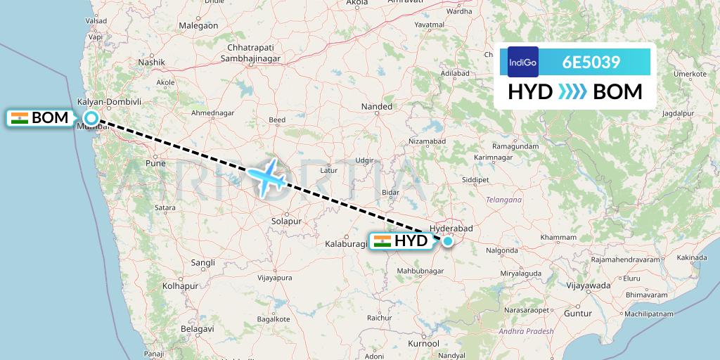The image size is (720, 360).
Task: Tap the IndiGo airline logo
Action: [x=522, y=62]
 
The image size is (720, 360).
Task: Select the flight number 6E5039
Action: [x=591, y=62]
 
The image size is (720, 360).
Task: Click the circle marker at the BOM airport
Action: [x=91, y=118]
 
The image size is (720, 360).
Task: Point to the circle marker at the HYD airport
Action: [x=448, y=241]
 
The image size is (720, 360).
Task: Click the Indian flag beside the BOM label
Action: [x=20, y=117]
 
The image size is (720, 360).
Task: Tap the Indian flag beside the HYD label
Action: [x=382, y=241]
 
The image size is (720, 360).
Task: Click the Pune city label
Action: [x=155, y=162]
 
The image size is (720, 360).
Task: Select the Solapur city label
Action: [x=285, y=221]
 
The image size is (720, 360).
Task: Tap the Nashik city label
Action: [x=151, y=62]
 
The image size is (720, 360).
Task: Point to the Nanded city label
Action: [x=376, y=107]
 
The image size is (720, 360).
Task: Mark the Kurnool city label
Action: [x=423, y=344]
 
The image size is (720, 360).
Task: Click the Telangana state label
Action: [x=503, y=200]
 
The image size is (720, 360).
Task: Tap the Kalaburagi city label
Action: [x=346, y=244]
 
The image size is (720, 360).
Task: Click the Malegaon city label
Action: [x=198, y=25]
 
